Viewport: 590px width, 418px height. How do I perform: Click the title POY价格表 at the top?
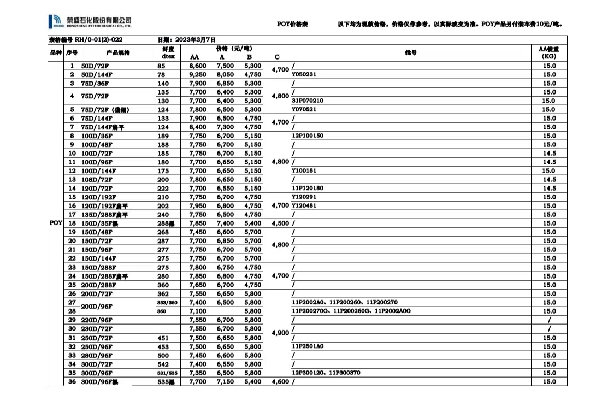point(293,24)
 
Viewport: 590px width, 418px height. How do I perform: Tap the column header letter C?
point(277,57)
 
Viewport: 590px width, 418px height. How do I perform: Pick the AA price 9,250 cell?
point(197,74)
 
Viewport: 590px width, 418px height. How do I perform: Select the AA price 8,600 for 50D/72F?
point(197,66)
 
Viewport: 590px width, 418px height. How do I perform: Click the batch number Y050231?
point(304,74)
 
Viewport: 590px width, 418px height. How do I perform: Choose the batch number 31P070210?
point(308,101)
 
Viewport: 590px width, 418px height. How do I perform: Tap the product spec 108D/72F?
point(97,179)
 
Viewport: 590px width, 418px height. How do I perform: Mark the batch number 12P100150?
point(308,136)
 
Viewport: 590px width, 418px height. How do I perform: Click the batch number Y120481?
point(304,205)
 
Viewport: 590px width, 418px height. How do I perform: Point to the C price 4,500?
point(280,223)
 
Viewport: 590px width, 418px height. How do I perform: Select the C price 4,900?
point(280,332)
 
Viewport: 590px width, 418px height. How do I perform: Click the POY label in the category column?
point(56,223)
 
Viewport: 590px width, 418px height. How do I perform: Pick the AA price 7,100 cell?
point(197,311)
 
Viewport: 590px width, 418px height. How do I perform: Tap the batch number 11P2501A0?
point(308,346)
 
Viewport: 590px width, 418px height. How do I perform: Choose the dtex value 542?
point(163,363)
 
